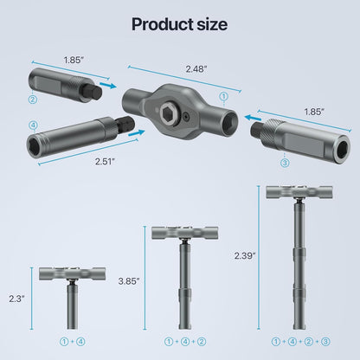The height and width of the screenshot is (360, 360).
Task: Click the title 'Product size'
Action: (x=179, y=23)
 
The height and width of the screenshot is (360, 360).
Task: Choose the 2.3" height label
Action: (x=16, y=297)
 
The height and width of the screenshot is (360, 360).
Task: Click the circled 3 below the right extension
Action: (x=286, y=162)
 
